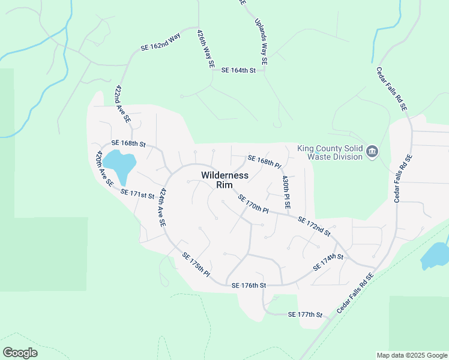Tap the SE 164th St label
(x=238, y=70)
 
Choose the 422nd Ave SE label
(x=123, y=104)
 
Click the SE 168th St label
(x=129, y=144)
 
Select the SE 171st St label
(x=137, y=193)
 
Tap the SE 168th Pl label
(x=264, y=161)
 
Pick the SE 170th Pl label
(x=253, y=203)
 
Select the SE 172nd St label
(x=314, y=226)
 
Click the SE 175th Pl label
(x=196, y=265)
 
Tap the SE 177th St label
(x=305, y=314)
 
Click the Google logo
(x=20, y=353)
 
